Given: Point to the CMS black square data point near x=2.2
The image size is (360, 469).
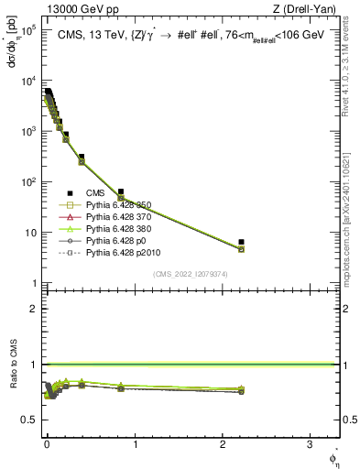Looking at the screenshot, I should pyautogui.click(x=241, y=242).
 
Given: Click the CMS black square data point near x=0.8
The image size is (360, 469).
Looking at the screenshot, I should pyautogui.click(x=121, y=191).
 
